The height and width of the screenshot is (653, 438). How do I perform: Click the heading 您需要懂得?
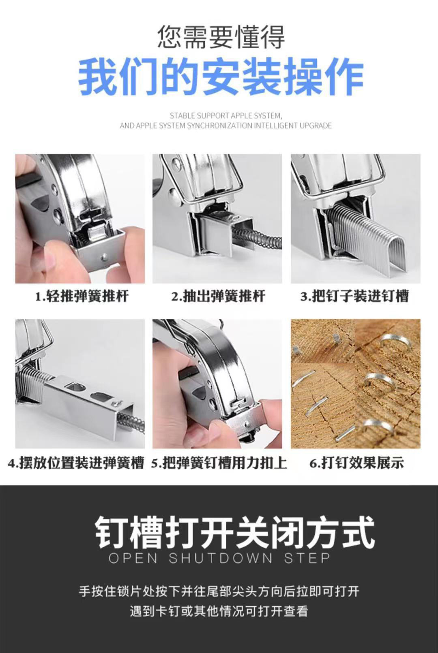(221, 37)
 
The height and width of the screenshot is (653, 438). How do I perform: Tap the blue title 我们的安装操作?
(221, 77)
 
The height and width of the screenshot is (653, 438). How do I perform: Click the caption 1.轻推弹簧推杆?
(82, 297)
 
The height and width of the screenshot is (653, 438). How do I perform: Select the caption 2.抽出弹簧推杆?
(218, 297)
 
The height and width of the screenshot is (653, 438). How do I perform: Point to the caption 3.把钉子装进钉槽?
(354, 297)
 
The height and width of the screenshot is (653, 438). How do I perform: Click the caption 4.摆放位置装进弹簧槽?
(76, 463)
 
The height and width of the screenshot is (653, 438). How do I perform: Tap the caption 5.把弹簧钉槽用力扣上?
(219, 463)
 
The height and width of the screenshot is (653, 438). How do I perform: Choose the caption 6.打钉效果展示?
(356, 463)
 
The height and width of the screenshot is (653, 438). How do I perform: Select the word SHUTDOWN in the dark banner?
(221, 558)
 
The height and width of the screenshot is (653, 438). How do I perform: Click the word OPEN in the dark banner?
(133, 558)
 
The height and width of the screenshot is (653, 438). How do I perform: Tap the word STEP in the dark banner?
(307, 558)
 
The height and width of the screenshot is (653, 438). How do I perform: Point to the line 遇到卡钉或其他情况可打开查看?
(219, 611)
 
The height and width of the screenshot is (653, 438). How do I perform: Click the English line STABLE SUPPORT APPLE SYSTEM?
(225, 116)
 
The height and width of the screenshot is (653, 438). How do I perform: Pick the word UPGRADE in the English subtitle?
(316, 126)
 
